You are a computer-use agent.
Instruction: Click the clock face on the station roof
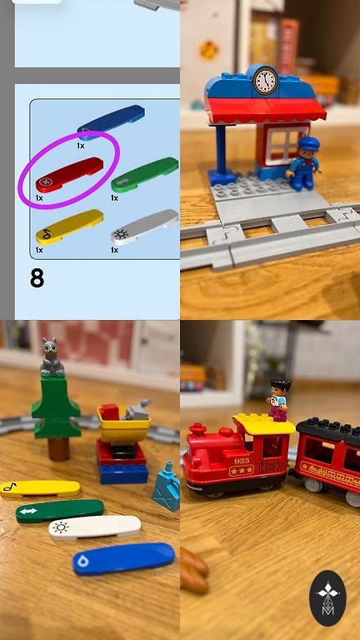[265, 81]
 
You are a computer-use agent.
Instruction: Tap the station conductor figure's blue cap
[309, 143]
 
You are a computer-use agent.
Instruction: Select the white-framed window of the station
[287, 143]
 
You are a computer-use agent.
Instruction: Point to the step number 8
[37, 278]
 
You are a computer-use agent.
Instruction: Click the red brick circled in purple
[69, 174]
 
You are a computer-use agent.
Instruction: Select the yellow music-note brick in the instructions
[69, 227]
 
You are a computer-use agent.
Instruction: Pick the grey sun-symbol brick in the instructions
[144, 227]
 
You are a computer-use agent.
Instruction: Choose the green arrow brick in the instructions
[144, 174]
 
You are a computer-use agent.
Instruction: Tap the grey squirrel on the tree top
[52, 357]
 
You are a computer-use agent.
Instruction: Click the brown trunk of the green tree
[58, 448]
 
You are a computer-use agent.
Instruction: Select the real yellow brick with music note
[40, 487]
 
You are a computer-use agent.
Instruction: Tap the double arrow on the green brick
[28, 510]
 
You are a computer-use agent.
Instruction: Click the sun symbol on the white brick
[61, 527]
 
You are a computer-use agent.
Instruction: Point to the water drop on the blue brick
[83, 562]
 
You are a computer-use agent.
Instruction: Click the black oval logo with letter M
[327, 598]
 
